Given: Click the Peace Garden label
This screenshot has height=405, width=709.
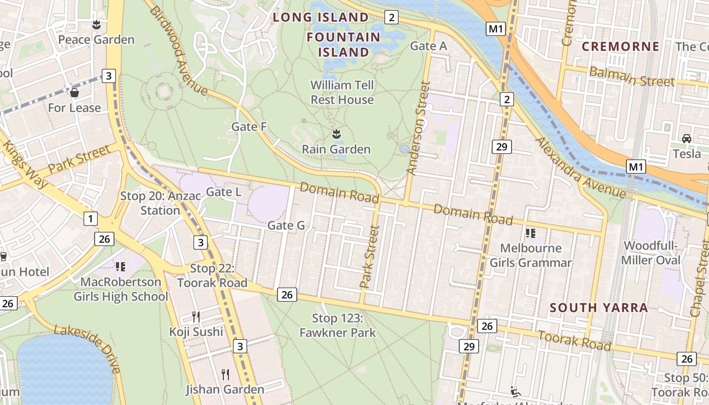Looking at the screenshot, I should (96, 39).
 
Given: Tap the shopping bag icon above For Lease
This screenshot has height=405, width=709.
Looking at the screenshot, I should (74, 93).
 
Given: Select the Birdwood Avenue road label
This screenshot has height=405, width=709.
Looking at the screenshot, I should (179, 51).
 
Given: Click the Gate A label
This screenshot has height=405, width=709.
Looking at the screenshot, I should (428, 46).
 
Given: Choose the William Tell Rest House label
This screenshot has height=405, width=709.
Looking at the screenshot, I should (342, 92).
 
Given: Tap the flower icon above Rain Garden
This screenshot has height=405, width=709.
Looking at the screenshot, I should (336, 134).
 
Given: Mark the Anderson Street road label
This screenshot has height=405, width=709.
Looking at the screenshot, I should (418, 129).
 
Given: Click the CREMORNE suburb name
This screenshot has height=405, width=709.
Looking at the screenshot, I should (620, 47).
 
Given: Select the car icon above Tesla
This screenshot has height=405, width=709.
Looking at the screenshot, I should (687, 138).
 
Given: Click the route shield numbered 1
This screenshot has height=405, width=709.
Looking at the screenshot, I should (90, 219).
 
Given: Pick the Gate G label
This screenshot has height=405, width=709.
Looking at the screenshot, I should (286, 226).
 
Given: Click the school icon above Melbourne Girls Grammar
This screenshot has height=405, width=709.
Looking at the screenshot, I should (530, 233).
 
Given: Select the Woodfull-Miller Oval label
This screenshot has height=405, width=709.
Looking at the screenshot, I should (652, 253).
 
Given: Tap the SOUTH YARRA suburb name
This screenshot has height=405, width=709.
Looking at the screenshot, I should (599, 308).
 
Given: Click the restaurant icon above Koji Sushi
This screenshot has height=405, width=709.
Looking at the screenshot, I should (196, 317).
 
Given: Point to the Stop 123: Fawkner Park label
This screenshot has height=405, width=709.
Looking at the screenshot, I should (338, 326).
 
